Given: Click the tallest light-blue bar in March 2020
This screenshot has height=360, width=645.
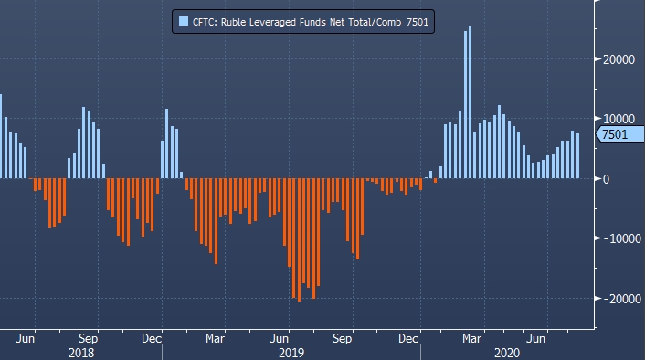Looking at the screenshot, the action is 470,102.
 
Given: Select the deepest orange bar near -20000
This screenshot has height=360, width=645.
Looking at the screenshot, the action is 299,240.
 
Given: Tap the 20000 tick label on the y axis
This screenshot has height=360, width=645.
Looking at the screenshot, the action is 619,59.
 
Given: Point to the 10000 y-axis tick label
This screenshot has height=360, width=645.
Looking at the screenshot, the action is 619,119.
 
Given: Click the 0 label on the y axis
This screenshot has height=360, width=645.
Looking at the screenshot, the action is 606,179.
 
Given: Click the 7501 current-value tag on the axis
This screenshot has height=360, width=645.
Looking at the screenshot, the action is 620,134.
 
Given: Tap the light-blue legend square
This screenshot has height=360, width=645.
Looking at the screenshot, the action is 184,21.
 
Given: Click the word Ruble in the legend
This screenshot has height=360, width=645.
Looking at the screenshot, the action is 233,22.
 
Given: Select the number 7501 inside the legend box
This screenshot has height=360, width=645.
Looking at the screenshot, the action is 418,22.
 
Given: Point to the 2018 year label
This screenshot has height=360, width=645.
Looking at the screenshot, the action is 81,353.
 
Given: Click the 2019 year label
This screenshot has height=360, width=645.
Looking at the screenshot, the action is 291,353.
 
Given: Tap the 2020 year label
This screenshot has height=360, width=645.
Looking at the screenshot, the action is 507,353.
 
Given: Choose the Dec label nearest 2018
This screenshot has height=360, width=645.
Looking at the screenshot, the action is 152,339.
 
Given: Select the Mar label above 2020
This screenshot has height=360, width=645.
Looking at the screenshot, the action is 471,339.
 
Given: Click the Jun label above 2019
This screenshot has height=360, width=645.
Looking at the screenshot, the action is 279,339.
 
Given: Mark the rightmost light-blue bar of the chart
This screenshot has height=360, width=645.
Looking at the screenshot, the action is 577,156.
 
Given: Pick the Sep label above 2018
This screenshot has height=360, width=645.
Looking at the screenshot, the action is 88,339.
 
